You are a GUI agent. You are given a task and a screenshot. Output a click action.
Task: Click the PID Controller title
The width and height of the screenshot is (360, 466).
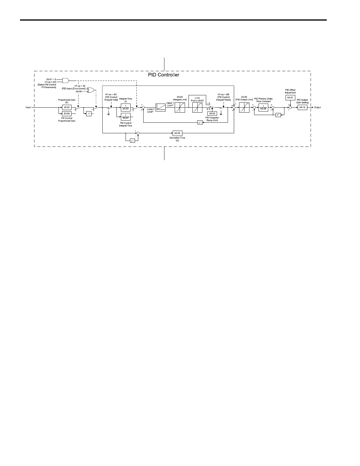pos(164,75)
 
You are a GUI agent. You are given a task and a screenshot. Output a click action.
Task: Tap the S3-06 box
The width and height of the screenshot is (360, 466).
pos(67,114)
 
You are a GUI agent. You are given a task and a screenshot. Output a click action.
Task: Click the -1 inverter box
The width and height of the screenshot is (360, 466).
pos(89,114)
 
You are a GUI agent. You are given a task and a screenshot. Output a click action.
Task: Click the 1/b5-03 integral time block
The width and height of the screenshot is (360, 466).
pos(126,107)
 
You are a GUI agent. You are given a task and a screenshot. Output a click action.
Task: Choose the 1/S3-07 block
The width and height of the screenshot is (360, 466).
pos(126,117)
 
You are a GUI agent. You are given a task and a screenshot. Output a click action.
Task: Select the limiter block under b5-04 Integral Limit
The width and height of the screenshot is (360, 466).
pos(180,108)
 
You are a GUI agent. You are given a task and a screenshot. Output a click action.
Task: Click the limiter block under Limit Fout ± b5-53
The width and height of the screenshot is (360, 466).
pos(197,108)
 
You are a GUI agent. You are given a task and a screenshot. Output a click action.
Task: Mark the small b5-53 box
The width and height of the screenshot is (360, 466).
pos(212,113)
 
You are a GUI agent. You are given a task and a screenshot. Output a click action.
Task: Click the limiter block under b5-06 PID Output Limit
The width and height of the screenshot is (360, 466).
pos(244,108)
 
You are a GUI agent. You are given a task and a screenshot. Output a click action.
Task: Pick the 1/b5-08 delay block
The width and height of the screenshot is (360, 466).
pos(263,108)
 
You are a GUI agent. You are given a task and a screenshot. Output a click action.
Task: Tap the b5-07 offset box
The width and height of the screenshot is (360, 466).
pos(290,97)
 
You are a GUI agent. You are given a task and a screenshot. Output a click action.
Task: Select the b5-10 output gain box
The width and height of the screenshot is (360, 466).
pos(303,108)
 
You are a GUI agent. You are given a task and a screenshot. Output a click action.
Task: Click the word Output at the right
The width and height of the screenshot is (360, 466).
pos(318,108)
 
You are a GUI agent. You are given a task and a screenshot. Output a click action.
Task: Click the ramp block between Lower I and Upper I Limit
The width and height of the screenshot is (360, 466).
pos(160,108)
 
